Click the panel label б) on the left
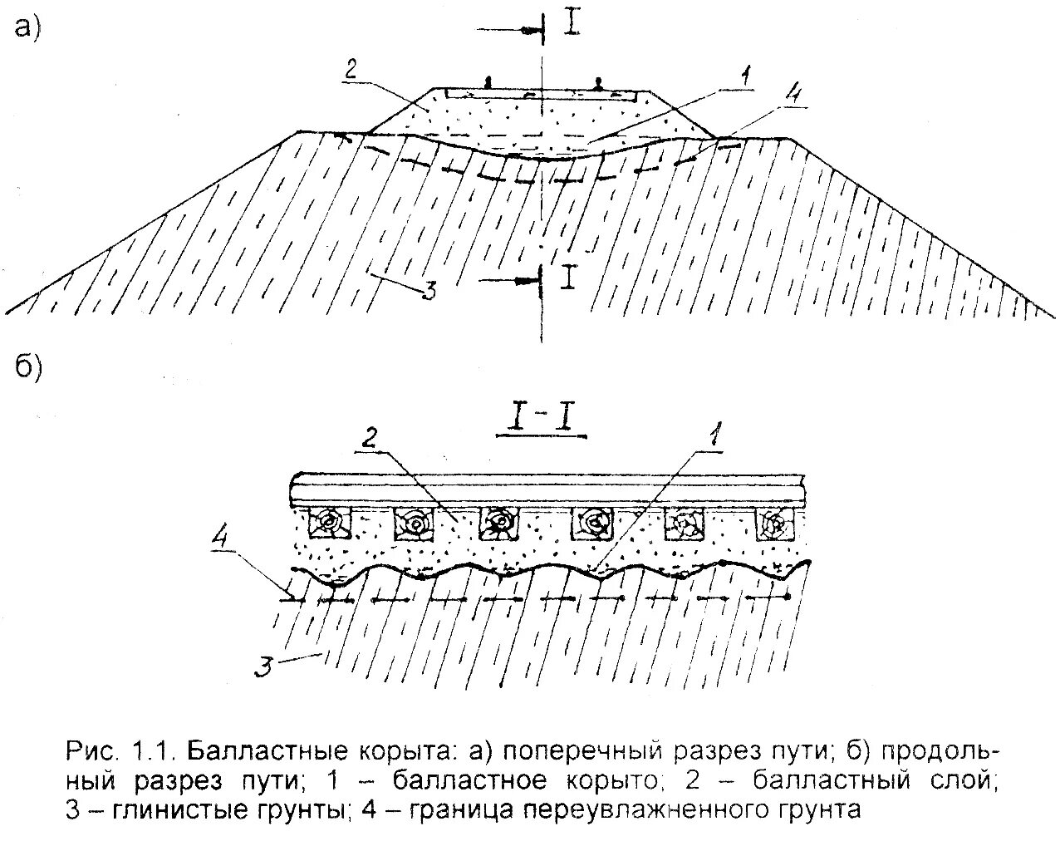(27, 368)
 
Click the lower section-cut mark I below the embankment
(568, 278)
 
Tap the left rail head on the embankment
(488, 81)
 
